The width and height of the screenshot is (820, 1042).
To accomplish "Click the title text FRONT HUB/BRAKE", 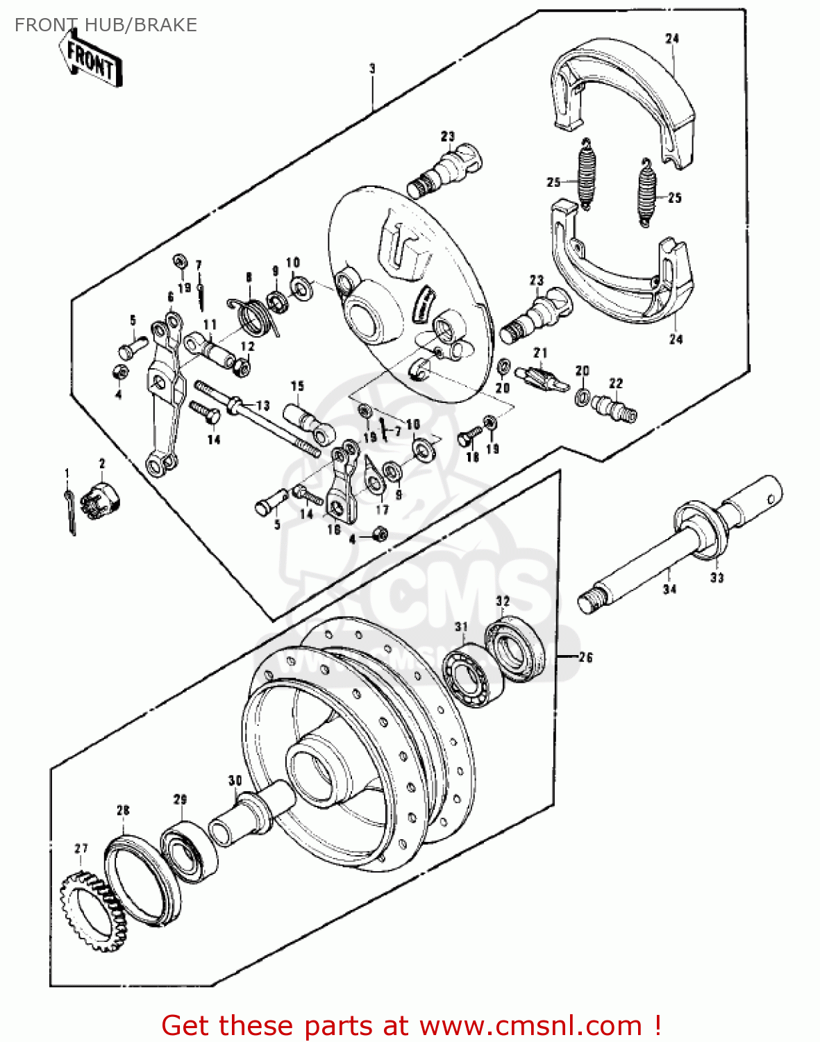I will point(106,25).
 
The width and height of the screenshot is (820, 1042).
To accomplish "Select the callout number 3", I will point(372,69).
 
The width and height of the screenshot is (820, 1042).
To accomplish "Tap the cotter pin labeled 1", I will point(69,510).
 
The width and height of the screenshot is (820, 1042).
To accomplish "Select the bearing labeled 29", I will point(189,852).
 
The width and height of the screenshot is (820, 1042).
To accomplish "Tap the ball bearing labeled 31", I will point(473,675).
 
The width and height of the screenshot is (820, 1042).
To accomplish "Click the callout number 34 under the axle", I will point(669,589).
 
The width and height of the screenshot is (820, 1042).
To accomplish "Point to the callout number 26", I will point(585,657).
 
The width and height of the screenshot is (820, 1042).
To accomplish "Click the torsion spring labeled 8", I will point(253,315).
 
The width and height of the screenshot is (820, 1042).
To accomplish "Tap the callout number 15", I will point(297,386).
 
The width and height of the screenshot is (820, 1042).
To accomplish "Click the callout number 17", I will point(382,509).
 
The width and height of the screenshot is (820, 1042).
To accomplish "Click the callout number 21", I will point(540,354).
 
